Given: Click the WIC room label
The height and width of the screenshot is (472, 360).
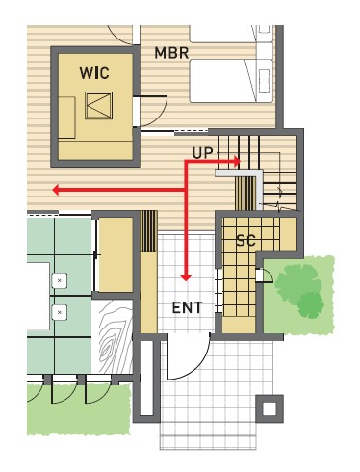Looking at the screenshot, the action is [x=94, y=73].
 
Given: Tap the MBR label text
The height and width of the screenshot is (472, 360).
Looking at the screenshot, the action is [x=171, y=53].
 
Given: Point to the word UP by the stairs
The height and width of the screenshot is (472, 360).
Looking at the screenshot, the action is [x=202, y=153].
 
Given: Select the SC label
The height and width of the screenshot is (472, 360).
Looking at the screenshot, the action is [x=245, y=240].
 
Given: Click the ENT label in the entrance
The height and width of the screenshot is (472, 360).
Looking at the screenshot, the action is [x=188, y=307].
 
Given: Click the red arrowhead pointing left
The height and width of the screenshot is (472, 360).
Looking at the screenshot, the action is [x=56, y=190].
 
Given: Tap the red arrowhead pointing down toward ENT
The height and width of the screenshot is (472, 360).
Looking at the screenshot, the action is [x=186, y=278].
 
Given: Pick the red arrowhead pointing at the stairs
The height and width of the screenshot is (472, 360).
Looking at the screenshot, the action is [x=237, y=162].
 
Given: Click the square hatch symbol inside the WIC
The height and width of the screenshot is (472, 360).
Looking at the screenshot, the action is [x=99, y=105].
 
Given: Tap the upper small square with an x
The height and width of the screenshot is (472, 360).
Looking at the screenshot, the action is [x=60, y=280].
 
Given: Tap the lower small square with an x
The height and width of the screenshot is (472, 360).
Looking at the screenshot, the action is [x=60, y=312].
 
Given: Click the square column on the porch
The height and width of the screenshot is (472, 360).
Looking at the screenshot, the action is [x=270, y=408].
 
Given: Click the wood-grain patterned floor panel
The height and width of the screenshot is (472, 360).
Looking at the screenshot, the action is [x=112, y=336].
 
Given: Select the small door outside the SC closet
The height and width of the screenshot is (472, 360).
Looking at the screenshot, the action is [x=265, y=275].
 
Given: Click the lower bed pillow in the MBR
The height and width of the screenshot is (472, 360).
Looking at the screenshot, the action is [x=264, y=81].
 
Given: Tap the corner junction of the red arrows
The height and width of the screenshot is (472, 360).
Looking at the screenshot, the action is [x=186, y=190].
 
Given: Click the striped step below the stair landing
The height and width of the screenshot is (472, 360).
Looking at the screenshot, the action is [x=244, y=193].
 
